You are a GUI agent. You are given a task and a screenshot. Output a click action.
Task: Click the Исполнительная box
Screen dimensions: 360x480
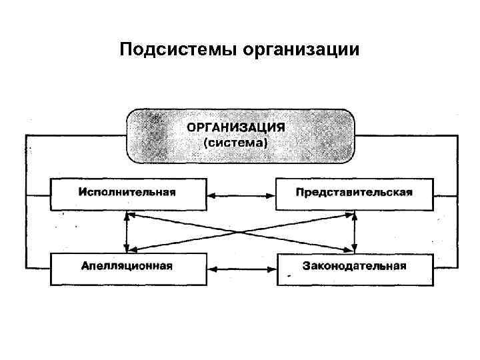tap(127, 194)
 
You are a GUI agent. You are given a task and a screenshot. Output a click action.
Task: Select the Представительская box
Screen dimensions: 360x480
tap(355, 194)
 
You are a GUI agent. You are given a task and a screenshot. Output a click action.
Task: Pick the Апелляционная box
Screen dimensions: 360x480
tap(127, 269)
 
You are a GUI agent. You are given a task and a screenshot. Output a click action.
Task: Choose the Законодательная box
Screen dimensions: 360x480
tap(355, 269)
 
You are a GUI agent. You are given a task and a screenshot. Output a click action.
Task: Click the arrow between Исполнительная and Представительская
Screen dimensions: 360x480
tap(241, 195)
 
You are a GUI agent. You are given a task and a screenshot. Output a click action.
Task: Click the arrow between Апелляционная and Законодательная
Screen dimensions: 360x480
tap(241, 269)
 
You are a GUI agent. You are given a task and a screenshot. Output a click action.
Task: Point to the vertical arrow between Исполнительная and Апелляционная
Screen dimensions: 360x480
tap(127, 231)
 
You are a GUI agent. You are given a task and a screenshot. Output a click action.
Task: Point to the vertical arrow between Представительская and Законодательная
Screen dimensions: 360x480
tap(355, 231)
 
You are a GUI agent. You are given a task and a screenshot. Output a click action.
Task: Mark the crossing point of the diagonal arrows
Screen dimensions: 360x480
tap(241, 232)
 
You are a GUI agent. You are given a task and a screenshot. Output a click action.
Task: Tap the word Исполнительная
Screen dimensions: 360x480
tap(127, 193)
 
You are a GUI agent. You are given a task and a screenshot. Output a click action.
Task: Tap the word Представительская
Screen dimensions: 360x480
tap(355, 193)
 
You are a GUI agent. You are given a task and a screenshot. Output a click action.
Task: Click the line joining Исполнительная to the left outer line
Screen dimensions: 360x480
tap(38, 195)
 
